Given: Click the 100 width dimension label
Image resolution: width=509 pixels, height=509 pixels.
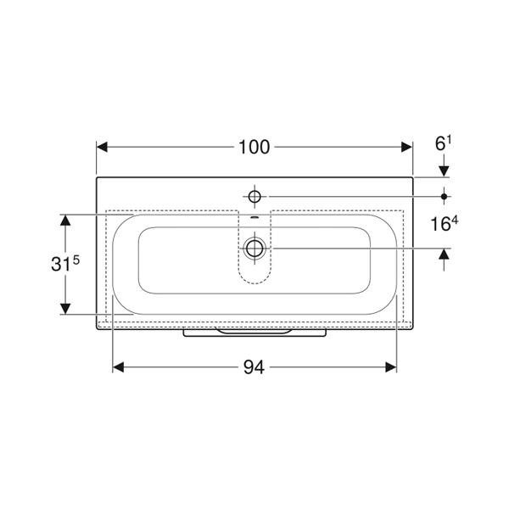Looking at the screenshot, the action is [254, 147].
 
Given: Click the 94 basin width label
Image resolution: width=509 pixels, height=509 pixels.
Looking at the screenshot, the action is [254, 367].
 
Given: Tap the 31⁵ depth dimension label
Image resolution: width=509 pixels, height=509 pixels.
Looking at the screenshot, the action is [65, 263].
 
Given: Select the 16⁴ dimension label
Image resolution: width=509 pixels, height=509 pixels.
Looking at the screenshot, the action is [444, 223].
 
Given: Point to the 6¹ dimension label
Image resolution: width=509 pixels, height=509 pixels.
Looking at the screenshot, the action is [443, 143].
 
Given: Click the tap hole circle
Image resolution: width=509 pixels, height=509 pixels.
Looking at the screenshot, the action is [255, 197].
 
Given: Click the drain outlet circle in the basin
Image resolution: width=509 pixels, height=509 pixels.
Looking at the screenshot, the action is [255, 249].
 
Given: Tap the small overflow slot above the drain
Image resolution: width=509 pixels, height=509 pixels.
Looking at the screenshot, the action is [255, 217].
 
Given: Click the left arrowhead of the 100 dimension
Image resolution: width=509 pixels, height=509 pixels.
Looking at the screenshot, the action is [102, 147].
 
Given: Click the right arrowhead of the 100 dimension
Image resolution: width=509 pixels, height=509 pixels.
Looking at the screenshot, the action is [406, 147].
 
